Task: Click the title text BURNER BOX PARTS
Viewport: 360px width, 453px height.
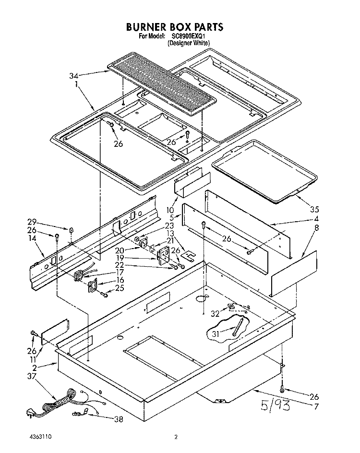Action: click(175, 27)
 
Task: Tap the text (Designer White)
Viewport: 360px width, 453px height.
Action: click(189, 43)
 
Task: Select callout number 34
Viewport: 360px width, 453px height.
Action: click(73, 76)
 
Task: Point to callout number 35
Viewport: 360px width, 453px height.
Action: click(314, 209)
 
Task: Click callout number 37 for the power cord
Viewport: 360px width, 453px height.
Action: click(32, 376)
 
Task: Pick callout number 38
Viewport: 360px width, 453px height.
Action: click(119, 419)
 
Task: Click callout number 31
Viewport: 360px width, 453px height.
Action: click(216, 334)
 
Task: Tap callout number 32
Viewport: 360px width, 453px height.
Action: click(215, 313)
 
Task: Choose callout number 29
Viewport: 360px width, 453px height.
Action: click(32, 222)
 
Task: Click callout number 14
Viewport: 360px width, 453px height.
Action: click(33, 238)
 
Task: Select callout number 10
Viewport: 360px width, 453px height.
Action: click(170, 210)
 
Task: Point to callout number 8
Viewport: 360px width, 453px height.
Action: click(316, 228)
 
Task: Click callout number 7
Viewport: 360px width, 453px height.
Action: click(316, 406)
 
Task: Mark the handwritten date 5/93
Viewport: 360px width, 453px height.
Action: click(275, 405)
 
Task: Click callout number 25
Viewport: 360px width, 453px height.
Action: click(120, 288)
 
